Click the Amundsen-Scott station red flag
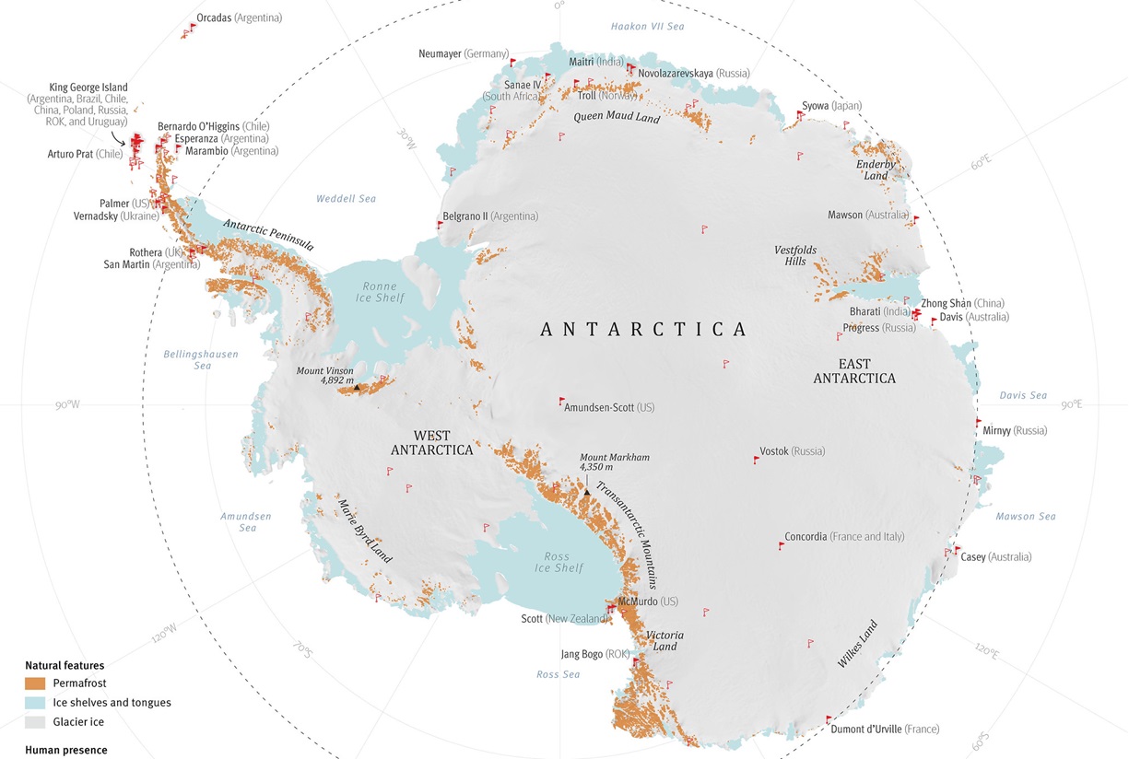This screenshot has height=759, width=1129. [561, 402]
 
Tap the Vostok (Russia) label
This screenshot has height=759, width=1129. [792, 451]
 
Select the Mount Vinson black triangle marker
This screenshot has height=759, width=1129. [357, 388]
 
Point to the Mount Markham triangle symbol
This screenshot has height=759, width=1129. [586, 492]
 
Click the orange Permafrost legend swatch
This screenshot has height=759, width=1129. [35, 683]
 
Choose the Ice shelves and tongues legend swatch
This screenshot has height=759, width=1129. [35, 703]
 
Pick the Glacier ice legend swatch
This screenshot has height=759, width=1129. [35, 722]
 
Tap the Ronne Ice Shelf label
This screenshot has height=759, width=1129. [379, 292]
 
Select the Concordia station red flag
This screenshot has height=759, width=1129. [782, 545]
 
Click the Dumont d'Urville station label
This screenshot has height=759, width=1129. [885, 730]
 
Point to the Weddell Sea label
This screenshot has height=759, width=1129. [346, 199]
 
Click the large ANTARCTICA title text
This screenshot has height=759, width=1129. [643, 330]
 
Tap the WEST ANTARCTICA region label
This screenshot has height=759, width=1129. [431, 443]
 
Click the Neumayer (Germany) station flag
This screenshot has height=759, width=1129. [513, 63]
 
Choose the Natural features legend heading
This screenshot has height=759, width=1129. [65, 665]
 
